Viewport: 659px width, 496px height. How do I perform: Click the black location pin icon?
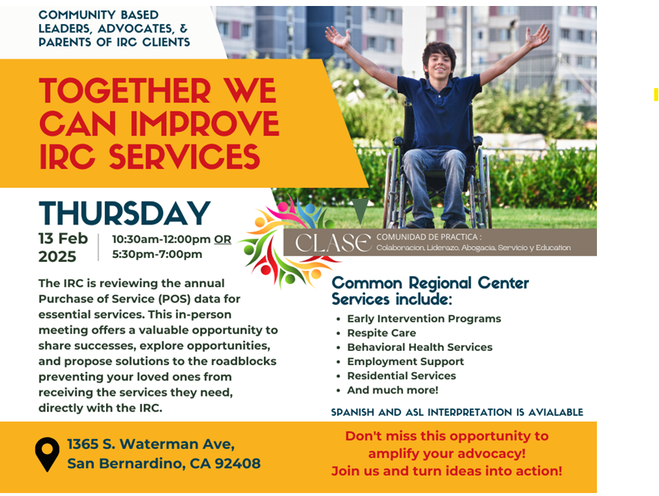point(47,454)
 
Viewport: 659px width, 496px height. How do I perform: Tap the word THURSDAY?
point(124,213)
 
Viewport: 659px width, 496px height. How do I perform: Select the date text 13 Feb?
point(63,239)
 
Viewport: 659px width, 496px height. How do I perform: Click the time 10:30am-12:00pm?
point(161,239)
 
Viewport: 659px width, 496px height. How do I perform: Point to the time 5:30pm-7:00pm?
point(157,254)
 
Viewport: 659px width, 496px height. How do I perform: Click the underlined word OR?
point(223,239)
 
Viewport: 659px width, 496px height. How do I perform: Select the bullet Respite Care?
point(381,333)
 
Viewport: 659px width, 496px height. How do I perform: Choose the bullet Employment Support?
point(405,361)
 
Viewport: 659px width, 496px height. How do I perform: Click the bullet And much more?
point(392,390)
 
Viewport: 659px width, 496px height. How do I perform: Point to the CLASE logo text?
point(333,243)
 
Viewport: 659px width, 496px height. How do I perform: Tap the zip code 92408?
point(237,463)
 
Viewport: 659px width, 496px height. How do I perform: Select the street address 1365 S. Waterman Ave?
point(151,444)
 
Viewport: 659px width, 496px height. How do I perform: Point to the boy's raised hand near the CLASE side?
point(338,37)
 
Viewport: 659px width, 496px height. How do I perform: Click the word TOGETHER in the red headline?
point(124,91)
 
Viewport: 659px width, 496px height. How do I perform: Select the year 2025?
point(57,257)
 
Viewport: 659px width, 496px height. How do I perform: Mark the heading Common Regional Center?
point(430,283)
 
